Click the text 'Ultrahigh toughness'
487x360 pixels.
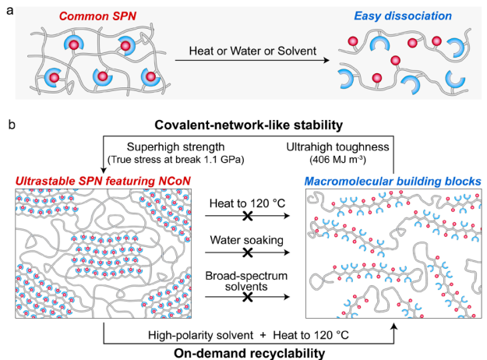[x=343, y=146]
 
